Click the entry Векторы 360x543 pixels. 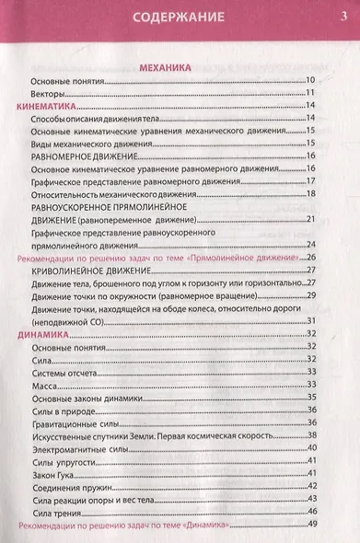pyautogui.click(x=49, y=93)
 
